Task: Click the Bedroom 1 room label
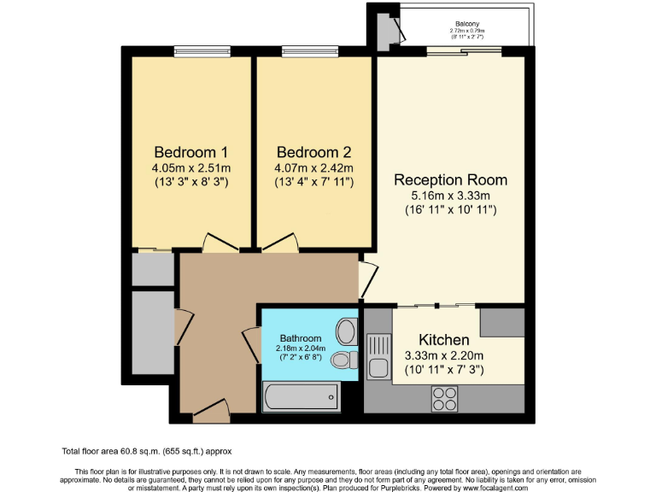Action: click(x=184, y=153)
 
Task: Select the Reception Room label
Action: click(x=450, y=180)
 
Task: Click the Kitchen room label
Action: click(x=443, y=340)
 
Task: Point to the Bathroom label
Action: click(x=301, y=338)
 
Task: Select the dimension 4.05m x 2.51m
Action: click(x=185, y=168)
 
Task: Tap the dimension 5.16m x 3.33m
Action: click(x=450, y=196)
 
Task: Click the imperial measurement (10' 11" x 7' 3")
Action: click(x=443, y=370)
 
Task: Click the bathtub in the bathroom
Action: click(x=300, y=397)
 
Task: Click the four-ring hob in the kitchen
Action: click(x=444, y=397)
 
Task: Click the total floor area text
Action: click(x=147, y=451)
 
